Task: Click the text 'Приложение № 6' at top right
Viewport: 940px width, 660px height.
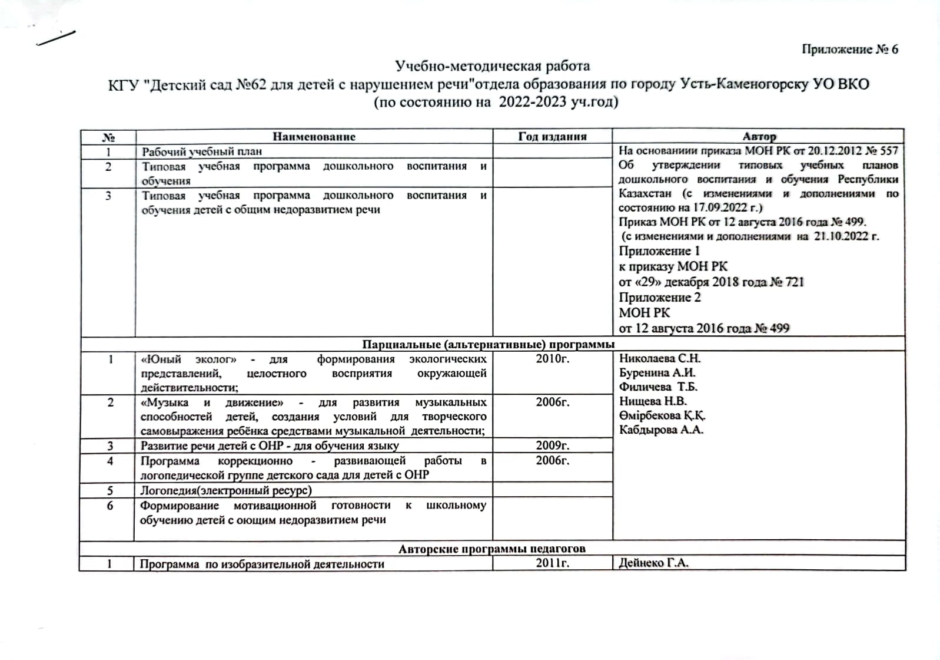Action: point(849,49)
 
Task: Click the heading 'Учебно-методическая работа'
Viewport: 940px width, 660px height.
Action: point(492,65)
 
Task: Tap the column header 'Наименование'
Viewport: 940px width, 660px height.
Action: point(314,137)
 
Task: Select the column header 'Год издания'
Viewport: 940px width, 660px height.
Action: point(552,137)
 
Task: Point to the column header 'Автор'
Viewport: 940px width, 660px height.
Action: point(759,137)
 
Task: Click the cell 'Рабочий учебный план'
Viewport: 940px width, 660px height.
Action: point(202,151)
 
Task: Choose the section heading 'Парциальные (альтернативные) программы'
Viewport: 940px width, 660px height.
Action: point(489,344)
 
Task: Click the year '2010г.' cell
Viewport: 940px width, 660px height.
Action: point(552,359)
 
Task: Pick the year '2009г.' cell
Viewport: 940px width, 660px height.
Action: point(552,445)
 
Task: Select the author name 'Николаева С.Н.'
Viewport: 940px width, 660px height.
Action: point(659,358)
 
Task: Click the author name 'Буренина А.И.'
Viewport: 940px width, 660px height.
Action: point(657,372)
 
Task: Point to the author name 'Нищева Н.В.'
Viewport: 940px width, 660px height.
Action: point(653,401)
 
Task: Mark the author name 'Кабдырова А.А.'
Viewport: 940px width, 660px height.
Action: point(661,430)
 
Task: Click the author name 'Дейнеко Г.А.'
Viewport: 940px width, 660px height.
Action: point(653,563)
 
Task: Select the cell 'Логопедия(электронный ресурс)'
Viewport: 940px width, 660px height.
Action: point(226,490)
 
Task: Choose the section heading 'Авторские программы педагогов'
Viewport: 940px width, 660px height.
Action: point(492,549)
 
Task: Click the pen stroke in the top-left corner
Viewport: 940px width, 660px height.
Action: point(57,37)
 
